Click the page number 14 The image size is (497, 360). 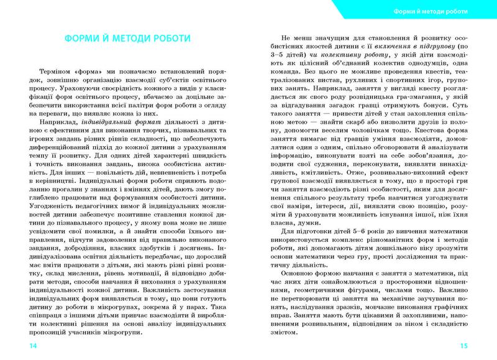pyautogui.click(x=25, y=346)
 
